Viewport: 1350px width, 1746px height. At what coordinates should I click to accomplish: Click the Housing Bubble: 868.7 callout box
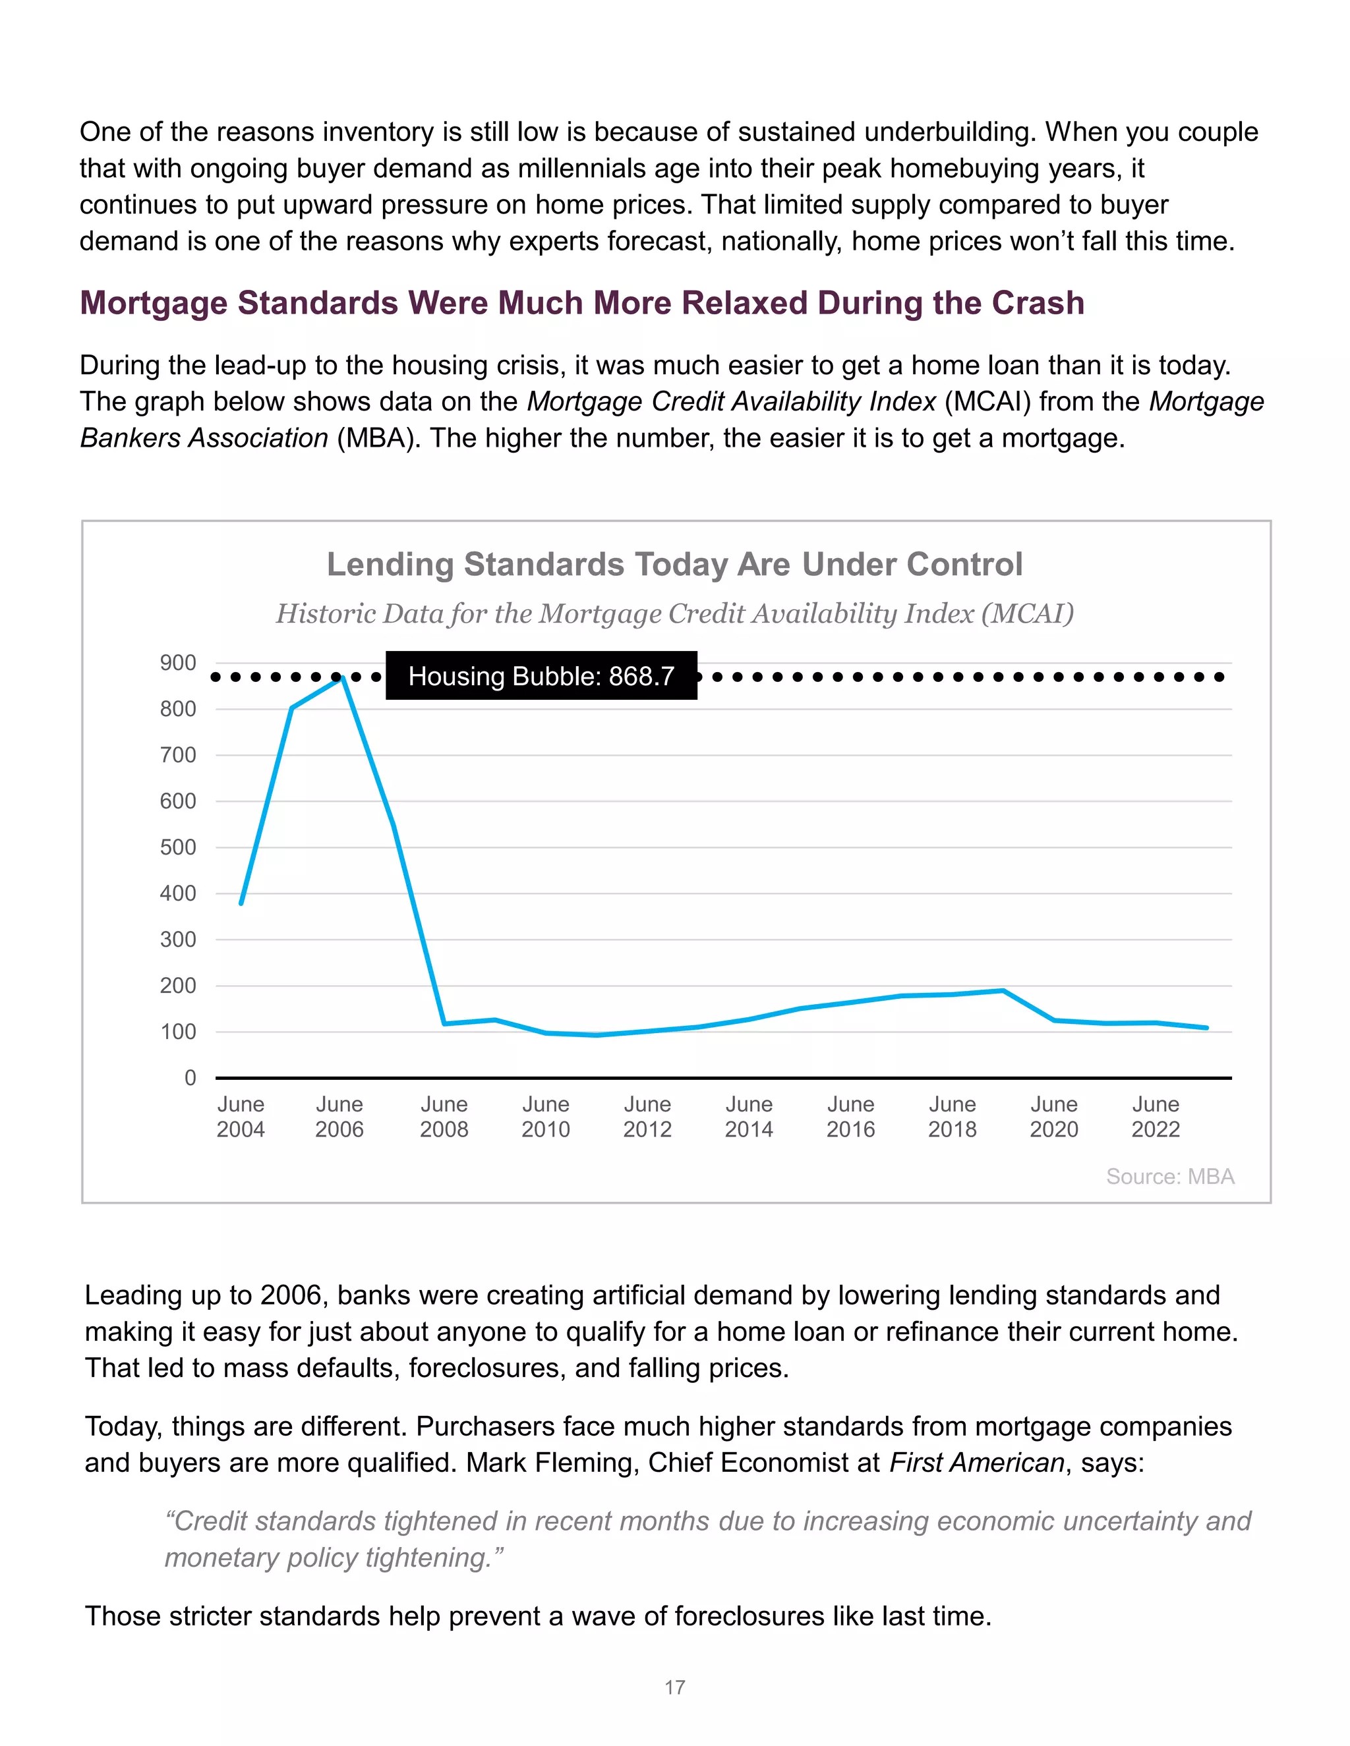541,675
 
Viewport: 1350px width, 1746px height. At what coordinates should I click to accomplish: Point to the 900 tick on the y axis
177,663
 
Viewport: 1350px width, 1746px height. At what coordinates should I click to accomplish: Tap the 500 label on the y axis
177,847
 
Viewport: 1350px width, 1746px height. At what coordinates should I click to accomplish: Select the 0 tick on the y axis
190,1078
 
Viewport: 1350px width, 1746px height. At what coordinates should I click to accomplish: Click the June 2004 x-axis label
240,1117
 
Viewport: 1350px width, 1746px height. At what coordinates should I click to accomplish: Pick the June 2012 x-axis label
647,1117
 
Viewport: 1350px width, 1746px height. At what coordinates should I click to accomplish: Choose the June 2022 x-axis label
1155,1117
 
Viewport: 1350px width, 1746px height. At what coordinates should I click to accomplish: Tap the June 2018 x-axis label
952,1117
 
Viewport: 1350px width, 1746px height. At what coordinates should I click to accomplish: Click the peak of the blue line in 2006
343,678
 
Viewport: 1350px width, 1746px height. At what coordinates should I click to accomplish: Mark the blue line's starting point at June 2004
241,903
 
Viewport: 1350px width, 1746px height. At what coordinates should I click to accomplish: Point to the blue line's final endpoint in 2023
1206,1028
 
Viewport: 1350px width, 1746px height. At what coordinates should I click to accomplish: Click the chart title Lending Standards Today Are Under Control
674,565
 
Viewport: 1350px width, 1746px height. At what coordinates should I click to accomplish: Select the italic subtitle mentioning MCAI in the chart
674,613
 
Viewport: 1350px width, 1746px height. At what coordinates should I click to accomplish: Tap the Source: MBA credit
1169,1176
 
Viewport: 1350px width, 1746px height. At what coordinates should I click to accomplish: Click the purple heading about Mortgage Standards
581,303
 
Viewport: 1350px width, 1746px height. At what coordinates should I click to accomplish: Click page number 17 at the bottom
674,1687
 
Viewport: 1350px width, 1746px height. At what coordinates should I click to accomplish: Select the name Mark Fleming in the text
552,1462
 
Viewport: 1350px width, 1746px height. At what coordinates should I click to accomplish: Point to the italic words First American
976,1462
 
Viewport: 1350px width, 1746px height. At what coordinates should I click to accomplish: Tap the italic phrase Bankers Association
204,438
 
